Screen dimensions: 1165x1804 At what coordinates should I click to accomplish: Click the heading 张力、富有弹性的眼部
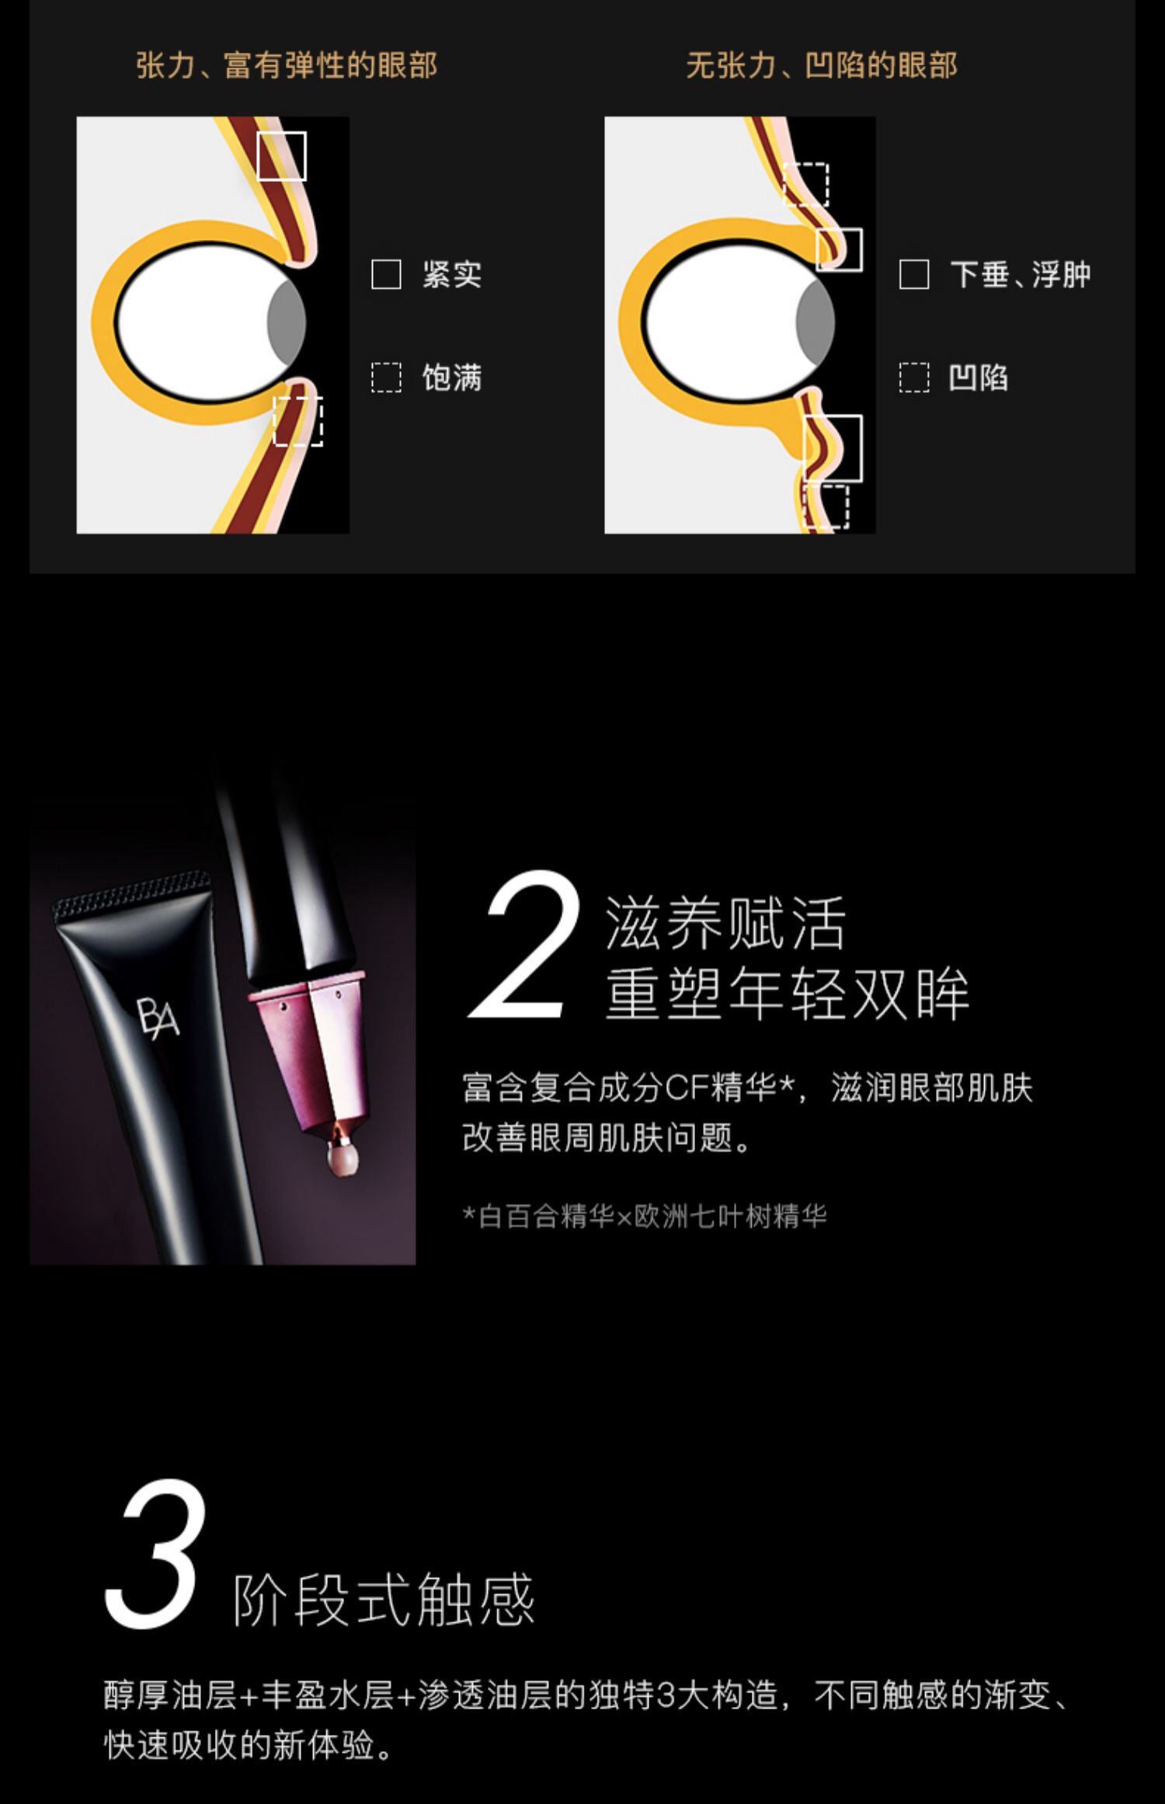point(287,65)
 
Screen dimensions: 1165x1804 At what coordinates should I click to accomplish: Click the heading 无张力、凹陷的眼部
point(822,65)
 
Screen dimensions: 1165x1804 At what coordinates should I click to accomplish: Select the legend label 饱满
point(452,378)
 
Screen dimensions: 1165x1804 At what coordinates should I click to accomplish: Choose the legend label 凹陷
point(979,378)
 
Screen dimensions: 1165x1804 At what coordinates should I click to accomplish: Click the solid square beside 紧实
point(386,275)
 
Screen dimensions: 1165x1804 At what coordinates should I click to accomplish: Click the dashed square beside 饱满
point(386,378)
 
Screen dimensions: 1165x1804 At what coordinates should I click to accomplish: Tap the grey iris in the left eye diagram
point(287,320)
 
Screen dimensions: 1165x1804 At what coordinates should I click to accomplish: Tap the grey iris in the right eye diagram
point(816,320)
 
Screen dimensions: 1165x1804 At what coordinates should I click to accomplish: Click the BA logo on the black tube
point(158,1015)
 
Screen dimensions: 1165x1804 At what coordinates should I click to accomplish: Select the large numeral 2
point(525,946)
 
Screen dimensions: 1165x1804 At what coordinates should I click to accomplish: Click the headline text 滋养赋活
point(725,924)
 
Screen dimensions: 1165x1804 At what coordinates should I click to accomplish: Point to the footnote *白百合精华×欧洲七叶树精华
point(645,1217)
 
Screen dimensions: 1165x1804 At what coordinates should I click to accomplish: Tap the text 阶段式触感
point(384,1600)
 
